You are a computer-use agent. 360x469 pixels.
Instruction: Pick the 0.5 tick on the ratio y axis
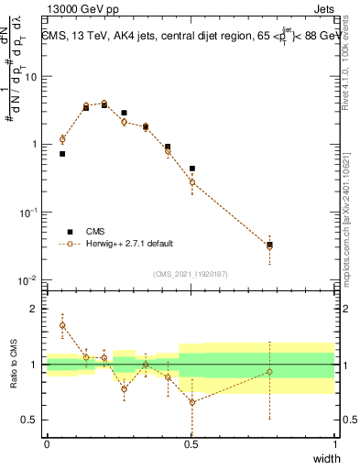click(33, 420)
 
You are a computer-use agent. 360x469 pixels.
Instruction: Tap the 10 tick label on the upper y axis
click(31, 76)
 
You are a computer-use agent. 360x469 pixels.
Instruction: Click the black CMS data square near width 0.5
click(192, 169)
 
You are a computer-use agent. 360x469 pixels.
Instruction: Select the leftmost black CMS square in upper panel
click(62, 154)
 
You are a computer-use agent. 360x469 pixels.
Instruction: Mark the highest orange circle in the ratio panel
click(62, 325)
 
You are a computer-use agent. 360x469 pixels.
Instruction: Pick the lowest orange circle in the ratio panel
click(192, 402)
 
